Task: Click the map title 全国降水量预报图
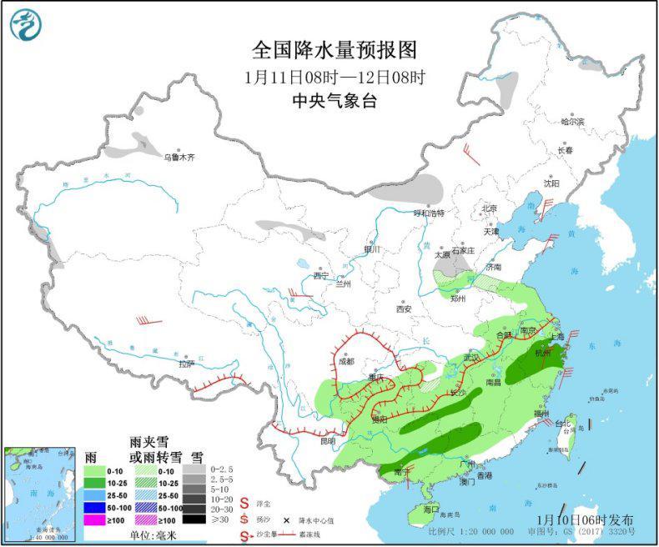335,51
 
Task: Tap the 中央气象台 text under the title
335,101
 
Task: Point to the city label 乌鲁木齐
179,156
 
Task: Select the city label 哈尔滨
572,122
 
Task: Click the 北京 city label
488,208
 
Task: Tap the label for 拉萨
185,364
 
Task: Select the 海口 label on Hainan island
430,508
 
